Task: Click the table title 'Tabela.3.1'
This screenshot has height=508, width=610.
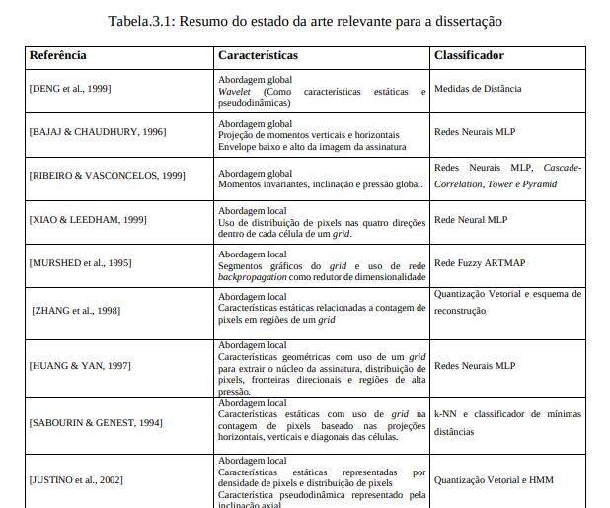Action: (x=145, y=21)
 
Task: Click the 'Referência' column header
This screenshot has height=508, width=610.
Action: (x=57, y=56)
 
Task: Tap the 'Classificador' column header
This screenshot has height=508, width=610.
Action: (x=469, y=56)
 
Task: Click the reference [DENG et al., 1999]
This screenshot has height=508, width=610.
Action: (x=69, y=89)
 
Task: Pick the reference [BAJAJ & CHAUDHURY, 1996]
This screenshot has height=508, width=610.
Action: (x=97, y=132)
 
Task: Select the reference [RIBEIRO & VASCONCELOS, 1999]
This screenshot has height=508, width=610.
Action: (x=107, y=175)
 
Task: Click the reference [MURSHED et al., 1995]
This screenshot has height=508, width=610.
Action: (x=80, y=262)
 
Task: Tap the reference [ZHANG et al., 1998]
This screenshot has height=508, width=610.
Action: (x=77, y=311)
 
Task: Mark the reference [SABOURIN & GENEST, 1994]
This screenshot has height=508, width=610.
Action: (x=96, y=423)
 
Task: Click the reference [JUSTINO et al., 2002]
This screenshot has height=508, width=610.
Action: (x=76, y=479)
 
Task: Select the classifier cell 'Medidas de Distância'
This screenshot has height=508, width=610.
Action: (x=478, y=89)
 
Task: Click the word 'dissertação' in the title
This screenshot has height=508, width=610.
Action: (x=467, y=21)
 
